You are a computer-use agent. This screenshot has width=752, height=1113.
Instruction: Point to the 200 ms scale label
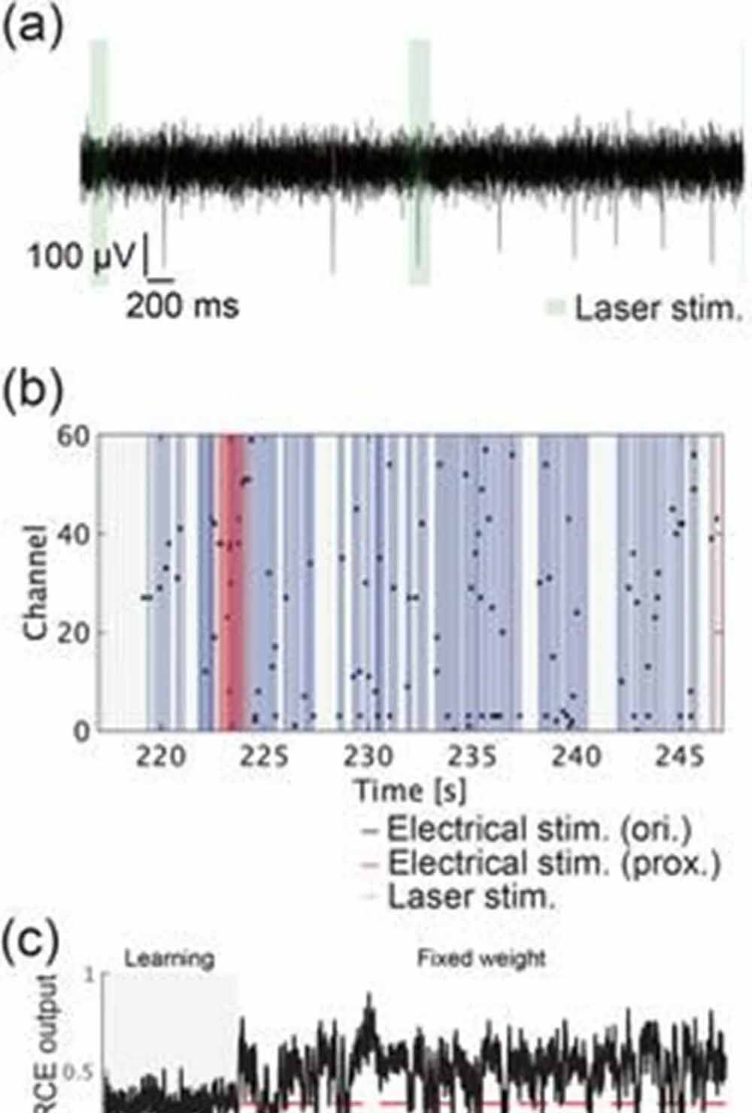(x=182, y=306)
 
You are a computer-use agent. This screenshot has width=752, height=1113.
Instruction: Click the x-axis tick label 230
(x=368, y=756)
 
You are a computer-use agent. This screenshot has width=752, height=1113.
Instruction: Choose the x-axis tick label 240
(x=577, y=756)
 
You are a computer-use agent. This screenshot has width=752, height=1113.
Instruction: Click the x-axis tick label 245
(x=681, y=756)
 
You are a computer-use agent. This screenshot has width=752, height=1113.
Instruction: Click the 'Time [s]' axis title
(x=410, y=790)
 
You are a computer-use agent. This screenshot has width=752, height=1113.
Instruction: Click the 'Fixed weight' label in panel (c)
(x=481, y=958)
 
